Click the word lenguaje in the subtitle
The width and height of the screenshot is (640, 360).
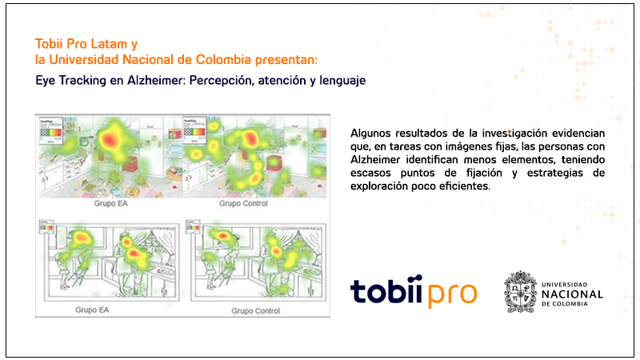point(340,81)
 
